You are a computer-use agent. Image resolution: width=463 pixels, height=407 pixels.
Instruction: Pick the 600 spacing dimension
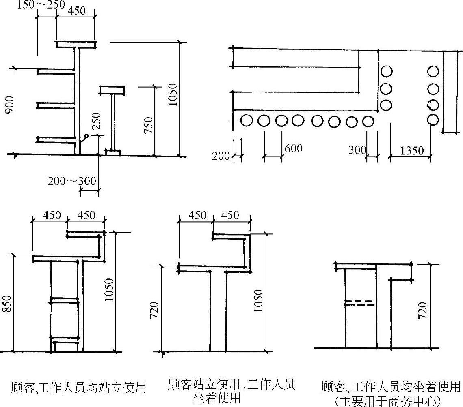[293, 149]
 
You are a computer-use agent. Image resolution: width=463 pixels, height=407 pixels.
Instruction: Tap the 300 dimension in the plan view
[357, 150]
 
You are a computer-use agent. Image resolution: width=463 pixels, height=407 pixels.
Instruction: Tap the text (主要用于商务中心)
[389, 401]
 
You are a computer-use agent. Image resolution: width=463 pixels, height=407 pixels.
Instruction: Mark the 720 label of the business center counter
[423, 311]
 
